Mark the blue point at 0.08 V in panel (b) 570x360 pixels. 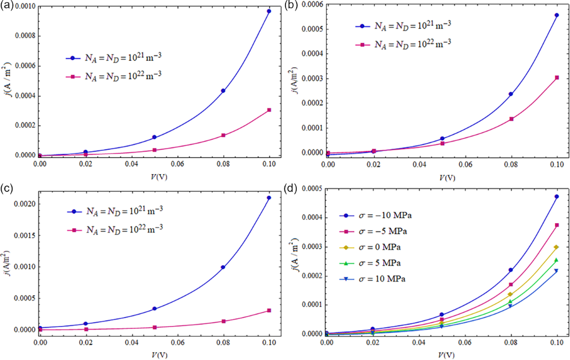click(511, 94)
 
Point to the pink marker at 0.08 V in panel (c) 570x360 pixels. click(223, 321)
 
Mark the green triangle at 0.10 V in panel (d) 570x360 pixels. click(556, 260)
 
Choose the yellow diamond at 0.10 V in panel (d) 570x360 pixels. click(556, 247)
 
